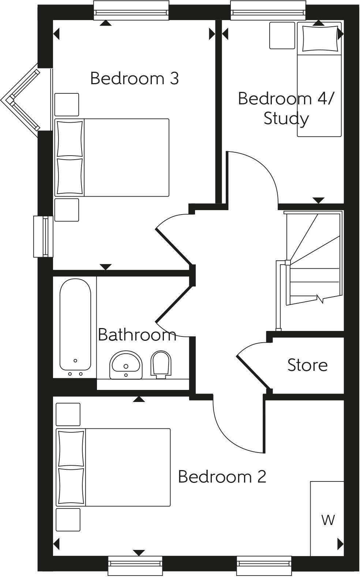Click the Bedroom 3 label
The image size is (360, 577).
click(x=134, y=79)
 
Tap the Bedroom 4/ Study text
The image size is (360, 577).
click(x=286, y=108)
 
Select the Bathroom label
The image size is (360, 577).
click(x=137, y=335)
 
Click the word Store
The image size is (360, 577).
click(x=307, y=365)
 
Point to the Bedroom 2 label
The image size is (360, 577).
click(x=222, y=477)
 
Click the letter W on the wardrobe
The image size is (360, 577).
click(x=328, y=520)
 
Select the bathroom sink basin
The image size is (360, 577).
click(x=126, y=365)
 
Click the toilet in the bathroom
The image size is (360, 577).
click(x=161, y=365)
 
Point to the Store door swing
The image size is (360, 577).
click(x=252, y=362)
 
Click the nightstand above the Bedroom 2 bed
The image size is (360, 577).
click(x=68, y=414)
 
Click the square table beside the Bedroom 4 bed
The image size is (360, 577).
click(x=282, y=36)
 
